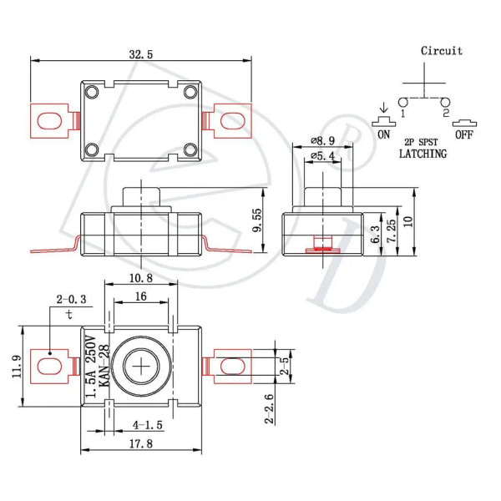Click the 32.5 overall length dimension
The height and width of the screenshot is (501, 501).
[141, 54]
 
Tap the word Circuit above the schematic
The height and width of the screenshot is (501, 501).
[441, 51]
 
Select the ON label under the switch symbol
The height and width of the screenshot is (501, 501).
[383, 134]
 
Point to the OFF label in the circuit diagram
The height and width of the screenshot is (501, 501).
[464, 134]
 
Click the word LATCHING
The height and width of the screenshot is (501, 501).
[423, 154]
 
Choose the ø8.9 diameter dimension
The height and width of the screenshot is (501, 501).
[322, 140]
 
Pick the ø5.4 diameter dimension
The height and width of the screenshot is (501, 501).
[322, 155]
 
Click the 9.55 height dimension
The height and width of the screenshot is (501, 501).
[256, 220]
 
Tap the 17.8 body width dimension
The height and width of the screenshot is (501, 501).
[141, 443]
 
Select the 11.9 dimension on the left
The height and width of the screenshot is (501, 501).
[17, 367]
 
